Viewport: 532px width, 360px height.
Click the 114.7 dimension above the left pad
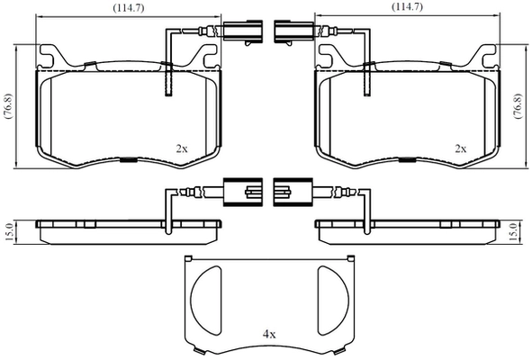click(129, 8)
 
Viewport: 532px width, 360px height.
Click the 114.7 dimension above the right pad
click(407, 7)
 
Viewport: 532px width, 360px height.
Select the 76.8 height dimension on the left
click(9, 106)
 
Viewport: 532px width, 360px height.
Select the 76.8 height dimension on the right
click(518, 106)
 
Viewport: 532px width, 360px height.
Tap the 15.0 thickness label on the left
click(9, 232)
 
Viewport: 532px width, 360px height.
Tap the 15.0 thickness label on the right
click(515, 232)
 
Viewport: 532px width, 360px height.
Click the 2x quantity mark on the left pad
click(182, 148)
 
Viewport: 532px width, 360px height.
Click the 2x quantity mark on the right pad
click(460, 148)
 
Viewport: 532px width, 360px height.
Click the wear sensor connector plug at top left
click(242, 31)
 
